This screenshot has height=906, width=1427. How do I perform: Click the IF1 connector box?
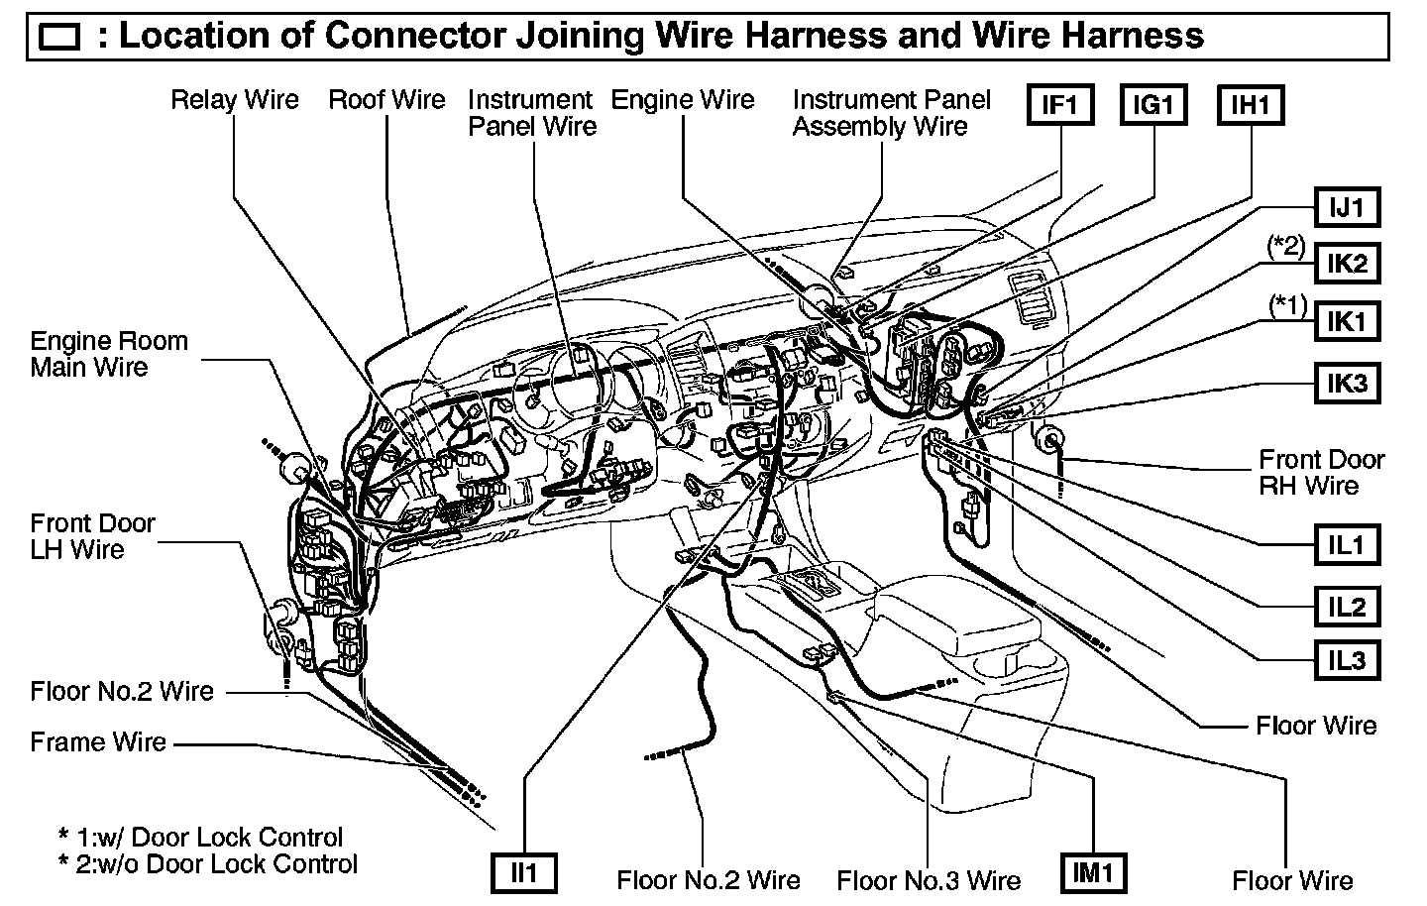click(x=1058, y=104)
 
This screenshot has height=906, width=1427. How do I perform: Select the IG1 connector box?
click(x=1153, y=104)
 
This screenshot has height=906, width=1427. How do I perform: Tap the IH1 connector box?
click(x=1250, y=104)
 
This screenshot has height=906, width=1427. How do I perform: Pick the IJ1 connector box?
click(x=1347, y=208)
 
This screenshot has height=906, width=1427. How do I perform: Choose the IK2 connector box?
click(x=1347, y=264)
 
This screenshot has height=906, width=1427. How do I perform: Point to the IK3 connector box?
click(x=1347, y=383)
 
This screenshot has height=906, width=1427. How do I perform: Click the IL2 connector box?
click(x=1347, y=606)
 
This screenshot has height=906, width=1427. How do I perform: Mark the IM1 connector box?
click(x=1094, y=872)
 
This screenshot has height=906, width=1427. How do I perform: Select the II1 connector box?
click(x=523, y=872)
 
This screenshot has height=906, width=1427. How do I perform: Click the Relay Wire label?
click(x=235, y=100)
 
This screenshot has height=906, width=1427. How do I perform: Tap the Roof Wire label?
click(x=386, y=100)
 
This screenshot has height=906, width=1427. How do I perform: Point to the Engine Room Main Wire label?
click(x=109, y=354)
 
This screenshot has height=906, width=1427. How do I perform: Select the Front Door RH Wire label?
click(x=1321, y=473)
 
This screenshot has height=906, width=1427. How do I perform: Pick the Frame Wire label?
click(x=98, y=742)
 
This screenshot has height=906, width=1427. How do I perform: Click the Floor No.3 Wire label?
click(x=929, y=880)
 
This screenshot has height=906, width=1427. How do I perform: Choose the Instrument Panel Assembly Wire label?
click(x=891, y=113)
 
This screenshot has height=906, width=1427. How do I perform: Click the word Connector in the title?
click(x=416, y=37)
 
